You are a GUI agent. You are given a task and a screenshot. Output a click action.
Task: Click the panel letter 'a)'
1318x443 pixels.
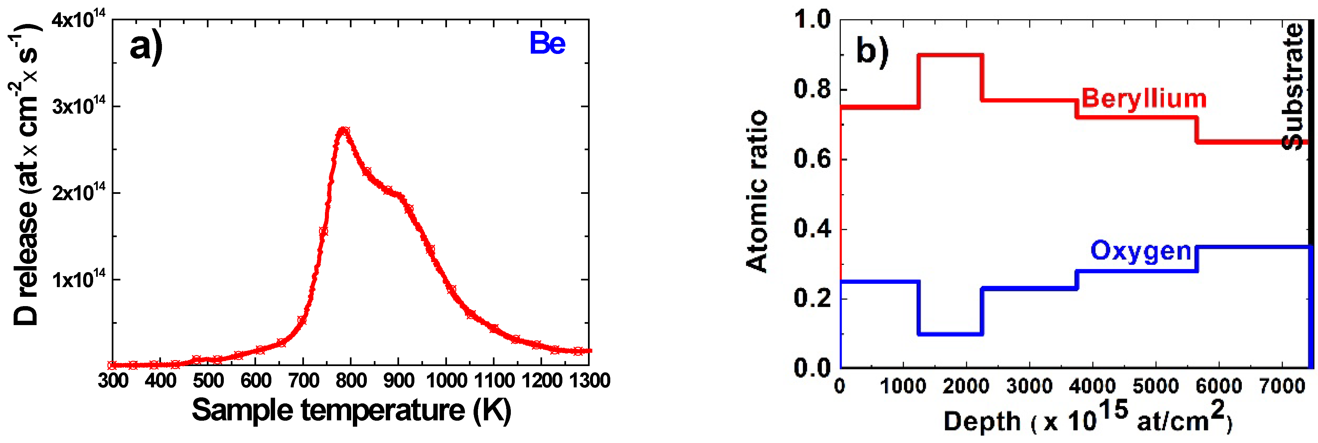coord(146,47)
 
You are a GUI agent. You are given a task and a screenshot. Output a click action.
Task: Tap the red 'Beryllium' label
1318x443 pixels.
coord(1143,98)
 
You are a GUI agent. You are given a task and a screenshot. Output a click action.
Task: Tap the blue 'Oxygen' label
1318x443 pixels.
coord(1141,251)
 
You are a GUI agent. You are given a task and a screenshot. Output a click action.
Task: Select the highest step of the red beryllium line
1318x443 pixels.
coord(950,55)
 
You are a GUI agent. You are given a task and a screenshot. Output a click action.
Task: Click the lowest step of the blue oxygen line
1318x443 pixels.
coord(950,334)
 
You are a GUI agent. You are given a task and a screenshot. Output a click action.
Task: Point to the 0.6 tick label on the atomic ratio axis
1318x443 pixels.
coord(812,159)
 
